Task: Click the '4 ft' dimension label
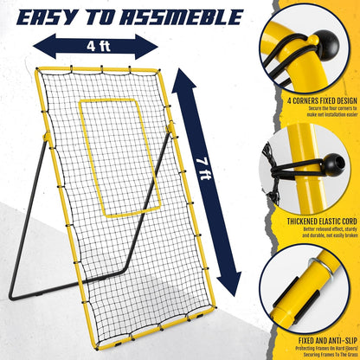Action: pos(99,46)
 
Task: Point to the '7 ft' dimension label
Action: pos(205,169)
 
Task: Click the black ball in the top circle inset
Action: pos(327,45)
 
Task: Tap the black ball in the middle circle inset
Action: pos(334,164)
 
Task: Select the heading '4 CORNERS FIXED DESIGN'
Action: pos(322,101)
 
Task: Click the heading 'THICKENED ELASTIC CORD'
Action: pos(322,222)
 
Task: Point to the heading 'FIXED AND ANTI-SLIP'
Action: pos(328,341)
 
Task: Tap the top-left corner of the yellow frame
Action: pos(37,69)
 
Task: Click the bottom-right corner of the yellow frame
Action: pos(214,307)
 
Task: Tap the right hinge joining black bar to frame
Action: pos(170,128)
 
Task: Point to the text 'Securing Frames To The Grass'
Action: pos(329,355)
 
